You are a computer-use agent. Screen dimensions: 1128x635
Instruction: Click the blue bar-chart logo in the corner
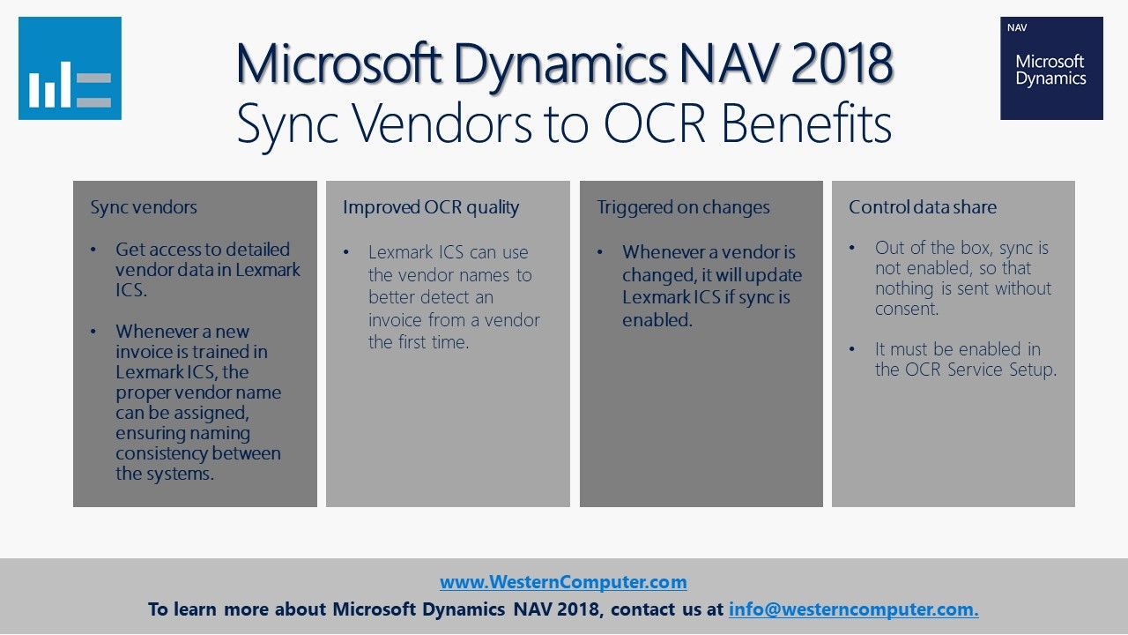pyautogui.click(x=70, y=68)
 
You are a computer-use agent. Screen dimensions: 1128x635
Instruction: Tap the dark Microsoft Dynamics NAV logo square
pyautogui.click(x=1051, y=68)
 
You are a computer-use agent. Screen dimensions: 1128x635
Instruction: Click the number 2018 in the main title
pyautogui.click(x=842, y=64)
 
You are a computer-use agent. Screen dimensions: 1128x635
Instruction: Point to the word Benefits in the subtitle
pyautogui.click(x=806, y=123)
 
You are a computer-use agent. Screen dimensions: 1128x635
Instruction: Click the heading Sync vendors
pyautogui.click(x=144, y=207)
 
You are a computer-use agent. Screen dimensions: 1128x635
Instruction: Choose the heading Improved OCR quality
pyautogui.click(x=431, y=207)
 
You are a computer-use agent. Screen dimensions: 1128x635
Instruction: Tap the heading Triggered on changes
pyautogui.click(x=683, y=207)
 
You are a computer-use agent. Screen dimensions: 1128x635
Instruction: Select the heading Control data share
pyautogui.click(x=923, y=207)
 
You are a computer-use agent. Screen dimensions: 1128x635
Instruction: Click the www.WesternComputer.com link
pyautogui.click(x=563, y=582)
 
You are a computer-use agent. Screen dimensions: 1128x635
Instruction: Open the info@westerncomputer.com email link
pyautogui.click(x=854, y=609)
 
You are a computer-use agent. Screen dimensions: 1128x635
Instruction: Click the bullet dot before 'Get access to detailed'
pyautogui.click(x=93, y=250)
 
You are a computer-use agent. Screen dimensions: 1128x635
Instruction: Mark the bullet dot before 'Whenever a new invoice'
pyautogui.click(x=93, y=332)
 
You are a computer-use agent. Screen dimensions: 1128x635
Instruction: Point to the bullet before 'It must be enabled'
pyautogui.click(x=852, y=348)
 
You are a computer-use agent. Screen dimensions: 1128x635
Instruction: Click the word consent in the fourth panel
pyautogui.click(x=907, y=309)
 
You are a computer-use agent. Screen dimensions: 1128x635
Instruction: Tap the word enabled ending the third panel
pyautogui.click(x=657, y=320)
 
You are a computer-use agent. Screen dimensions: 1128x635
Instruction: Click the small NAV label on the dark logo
pyautogui.click(x=1017, y=28)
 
